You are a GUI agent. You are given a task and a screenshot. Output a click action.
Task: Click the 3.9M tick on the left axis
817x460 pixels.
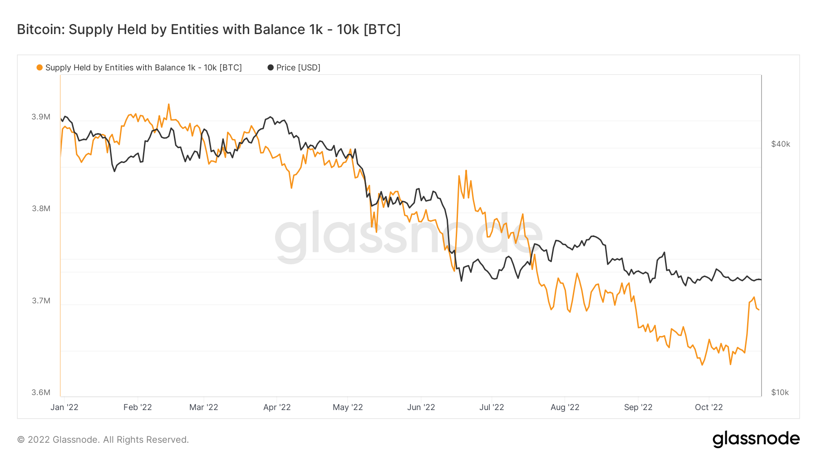pyautogui.click(x=41, y=117)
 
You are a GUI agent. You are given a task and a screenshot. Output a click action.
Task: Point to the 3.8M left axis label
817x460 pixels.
pyautogui.click(x=41, y=208)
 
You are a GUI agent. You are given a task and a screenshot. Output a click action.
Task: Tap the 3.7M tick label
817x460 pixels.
pyautogui.click(x=41, y=301)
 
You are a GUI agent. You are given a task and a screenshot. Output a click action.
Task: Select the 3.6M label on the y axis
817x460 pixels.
pyautogui.click(x=41, y=392)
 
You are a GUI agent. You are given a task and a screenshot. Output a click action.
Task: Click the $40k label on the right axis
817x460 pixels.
pyautogui.click(x=781, y=144)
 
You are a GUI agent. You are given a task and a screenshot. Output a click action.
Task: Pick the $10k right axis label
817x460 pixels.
pyautogui.click(x=780, y=392)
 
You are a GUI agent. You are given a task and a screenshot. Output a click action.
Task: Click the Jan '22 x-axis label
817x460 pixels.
pyautogui.click(x=64, y=407)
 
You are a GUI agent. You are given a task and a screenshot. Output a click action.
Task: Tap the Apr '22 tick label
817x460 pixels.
pyautogui.click(x=277, y=407)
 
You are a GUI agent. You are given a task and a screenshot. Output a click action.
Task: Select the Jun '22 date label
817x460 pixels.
pyautogui.click(x=421, y=407)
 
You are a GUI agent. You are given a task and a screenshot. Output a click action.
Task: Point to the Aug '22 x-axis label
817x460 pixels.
pyautogui.click(x=565, y=407)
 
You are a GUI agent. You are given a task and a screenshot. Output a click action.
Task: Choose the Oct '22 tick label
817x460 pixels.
pyautogui.click(x=709, y=407)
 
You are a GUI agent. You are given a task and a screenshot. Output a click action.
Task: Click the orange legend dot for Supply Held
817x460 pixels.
pyautogui.click(x=39, y=68)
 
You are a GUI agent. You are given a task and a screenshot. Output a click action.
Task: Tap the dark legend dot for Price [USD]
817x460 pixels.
pyautogui.click(x=271, y=68)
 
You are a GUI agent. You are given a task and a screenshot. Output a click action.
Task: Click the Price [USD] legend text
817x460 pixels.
pyautogui.click(x=298, y=68)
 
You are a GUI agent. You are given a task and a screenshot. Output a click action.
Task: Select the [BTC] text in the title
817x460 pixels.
pyautogui.click(x=382, y=30)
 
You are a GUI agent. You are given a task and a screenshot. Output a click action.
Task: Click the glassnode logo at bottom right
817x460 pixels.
pyautogui.click(x=756, y=439)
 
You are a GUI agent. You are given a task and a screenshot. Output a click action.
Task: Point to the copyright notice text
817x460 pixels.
pyautogui.click(x=103, y=440)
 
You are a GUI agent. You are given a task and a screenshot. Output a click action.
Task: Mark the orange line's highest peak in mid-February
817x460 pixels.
pyautogui.click(x=168, y=104)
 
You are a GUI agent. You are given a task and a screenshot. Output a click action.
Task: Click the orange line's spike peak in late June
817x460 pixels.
pyautogui.click(x=466, y=171)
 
